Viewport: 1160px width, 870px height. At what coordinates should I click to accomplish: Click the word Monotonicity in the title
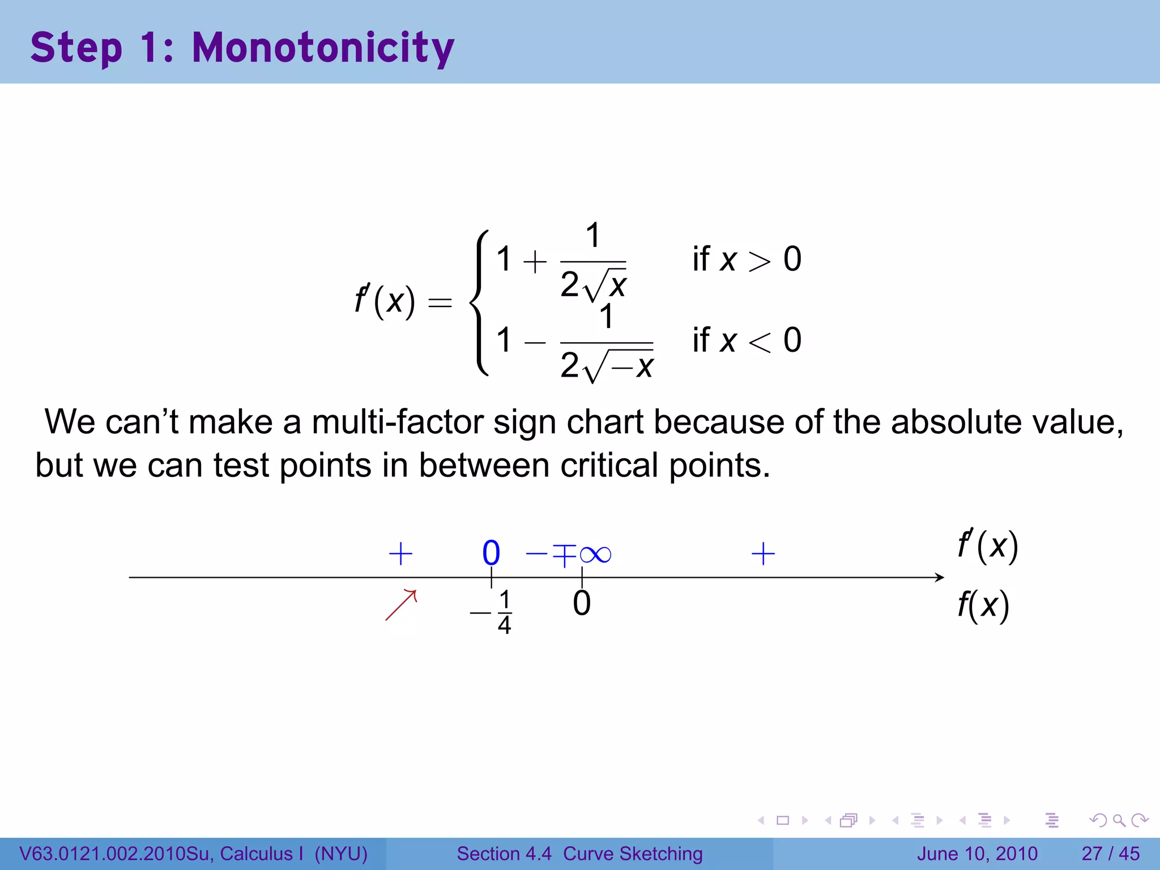(x=323, y=48)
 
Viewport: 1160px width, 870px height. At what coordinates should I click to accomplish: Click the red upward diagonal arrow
(x=401, y=605)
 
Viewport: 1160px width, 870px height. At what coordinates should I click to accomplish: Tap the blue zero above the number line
(x=491, y=553)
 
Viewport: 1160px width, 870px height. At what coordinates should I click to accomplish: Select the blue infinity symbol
(x=596, y=554)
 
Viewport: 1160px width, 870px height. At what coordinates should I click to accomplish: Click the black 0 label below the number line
(x=582, y=604)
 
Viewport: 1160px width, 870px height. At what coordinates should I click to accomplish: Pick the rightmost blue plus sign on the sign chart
(x=763, y=553)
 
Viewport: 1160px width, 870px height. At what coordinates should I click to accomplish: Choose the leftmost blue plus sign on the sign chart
(x=400, y=553)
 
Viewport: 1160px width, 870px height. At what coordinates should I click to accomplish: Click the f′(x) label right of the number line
(x=988, y=545)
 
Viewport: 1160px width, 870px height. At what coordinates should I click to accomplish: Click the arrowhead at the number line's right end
(x=940, y=577)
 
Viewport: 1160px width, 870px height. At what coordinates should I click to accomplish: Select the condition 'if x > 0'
(x=747, y=259)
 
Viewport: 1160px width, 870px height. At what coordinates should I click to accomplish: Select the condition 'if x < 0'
(x=747, y=340)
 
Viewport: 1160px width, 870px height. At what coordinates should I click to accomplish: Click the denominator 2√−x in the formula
(x=607, y=366)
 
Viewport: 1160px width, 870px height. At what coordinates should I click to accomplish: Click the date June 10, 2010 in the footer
(x=977, y=854)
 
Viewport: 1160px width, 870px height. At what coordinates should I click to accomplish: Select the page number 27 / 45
(x=1110, y=854)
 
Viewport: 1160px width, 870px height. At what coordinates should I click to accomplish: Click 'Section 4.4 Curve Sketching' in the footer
(x=579, y=854)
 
